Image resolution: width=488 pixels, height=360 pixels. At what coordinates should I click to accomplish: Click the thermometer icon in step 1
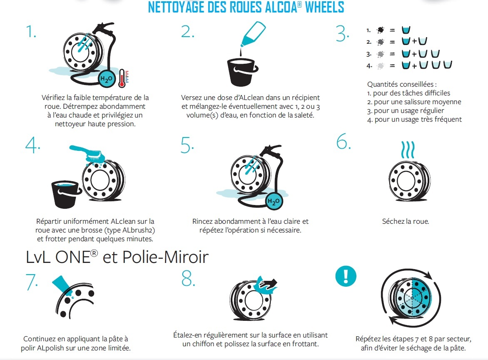click(122, 78)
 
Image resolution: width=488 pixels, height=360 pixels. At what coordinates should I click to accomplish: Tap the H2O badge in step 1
click(107, 79)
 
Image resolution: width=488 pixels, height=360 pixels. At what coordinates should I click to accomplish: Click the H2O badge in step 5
click(274, 201)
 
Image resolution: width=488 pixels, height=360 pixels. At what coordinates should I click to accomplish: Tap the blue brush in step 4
click(87, 154)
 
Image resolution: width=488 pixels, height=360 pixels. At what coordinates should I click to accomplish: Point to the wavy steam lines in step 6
click(408, 150)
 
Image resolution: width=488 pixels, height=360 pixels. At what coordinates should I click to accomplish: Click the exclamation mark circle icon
click(346, 276)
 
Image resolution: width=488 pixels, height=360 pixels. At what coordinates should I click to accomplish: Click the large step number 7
click(32, 282)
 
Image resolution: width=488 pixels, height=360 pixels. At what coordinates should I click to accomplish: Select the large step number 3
click(342, 34)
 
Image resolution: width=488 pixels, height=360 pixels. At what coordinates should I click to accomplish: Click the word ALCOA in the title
click(281, 7)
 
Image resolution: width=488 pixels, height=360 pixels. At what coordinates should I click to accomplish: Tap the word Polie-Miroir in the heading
click(166, 257)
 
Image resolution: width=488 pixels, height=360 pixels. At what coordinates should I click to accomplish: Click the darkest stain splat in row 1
click(380, 30)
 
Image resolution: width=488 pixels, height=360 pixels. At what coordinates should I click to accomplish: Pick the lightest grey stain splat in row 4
click(380, 66)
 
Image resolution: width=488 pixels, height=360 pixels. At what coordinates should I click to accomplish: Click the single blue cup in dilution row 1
click(406, 30)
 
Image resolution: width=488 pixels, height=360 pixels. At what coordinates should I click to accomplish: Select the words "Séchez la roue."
click(406, 221)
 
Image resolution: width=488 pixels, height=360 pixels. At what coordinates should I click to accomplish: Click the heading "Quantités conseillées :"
click(402, 85)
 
